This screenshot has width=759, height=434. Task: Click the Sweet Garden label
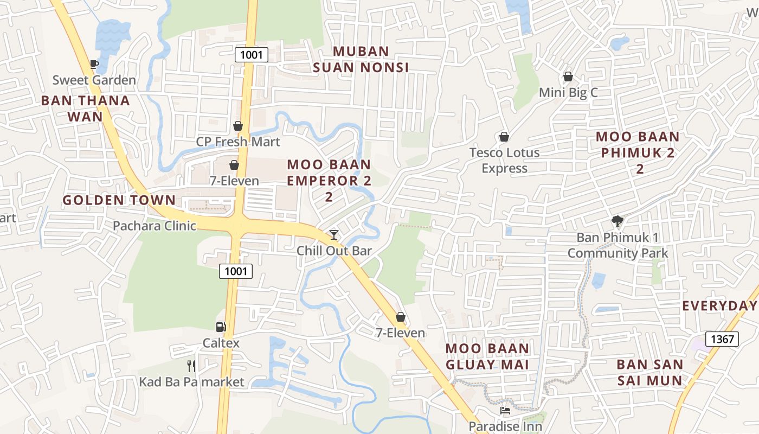tap(94, 80)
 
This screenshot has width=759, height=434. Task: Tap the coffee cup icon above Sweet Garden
tap(94, 65)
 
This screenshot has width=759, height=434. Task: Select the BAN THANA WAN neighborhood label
tap(86, 108)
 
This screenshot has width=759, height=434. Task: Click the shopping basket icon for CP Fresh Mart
tap(238, 126)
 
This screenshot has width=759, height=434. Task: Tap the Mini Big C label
tap(568, 93)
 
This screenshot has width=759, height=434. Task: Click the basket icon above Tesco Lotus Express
tap(504, 137)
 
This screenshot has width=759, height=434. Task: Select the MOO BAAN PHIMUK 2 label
tap(638, 145)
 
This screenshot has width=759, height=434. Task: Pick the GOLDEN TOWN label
tap(119, 200)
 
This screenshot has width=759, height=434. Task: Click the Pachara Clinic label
tap(155, 226)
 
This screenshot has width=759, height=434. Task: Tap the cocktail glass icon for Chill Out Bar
tap(334, 234)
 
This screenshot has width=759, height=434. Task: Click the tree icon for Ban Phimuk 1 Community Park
tap(617, 221)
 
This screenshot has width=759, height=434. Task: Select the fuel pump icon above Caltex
tap(221, 327)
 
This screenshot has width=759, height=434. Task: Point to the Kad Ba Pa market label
tap(192, 382)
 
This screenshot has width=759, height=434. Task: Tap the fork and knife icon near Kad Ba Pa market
tap(191, 366)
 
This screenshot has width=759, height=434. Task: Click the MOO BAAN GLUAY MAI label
tap(487, 356)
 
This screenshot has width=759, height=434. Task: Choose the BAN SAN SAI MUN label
tap(650, 372)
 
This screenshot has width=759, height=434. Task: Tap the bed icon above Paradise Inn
tap(505, 411)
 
